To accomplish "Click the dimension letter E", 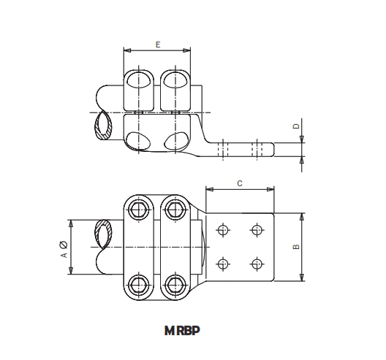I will click(x=158, y=45).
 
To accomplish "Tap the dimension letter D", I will click(x=295, y=126).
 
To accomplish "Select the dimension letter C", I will click(x=240, y=183).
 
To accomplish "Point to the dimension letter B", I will click(x=295, y=247).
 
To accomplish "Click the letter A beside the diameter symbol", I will click(x=64, y=255).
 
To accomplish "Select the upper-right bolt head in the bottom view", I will click(x=173, y=210).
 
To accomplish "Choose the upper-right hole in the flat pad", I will click(x=256, y=231).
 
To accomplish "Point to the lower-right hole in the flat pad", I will click(x=256, y=263).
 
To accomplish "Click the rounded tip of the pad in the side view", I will click(x=273, y=148).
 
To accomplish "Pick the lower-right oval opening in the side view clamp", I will click(x=176, y=140).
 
